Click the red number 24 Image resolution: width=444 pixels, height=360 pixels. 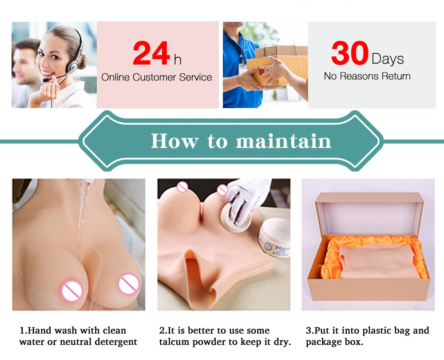(151, 53)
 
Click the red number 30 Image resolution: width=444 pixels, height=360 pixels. (350, 53)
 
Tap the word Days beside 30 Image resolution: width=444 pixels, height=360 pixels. (388, 59)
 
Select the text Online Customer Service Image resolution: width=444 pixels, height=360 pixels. (157, 77)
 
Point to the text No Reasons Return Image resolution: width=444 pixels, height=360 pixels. (367, 76)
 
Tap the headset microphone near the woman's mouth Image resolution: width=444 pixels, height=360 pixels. (46, 80)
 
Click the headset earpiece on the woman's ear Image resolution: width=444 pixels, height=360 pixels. (71, 67)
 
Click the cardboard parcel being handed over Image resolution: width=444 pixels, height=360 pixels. (279, 65)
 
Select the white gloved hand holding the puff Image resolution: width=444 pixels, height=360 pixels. (246, 198)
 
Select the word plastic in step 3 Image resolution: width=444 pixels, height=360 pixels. (378, 331)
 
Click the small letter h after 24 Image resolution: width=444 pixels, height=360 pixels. (178, 60)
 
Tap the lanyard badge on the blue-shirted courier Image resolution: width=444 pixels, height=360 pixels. (242, 69)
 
